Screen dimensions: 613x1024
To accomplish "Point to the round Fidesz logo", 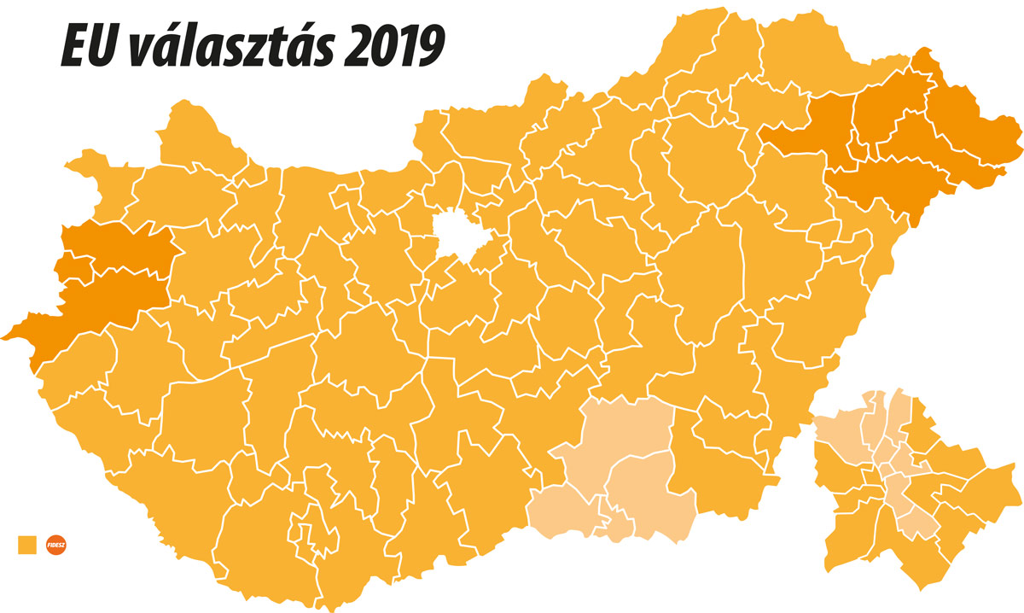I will (x=57, y=544).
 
